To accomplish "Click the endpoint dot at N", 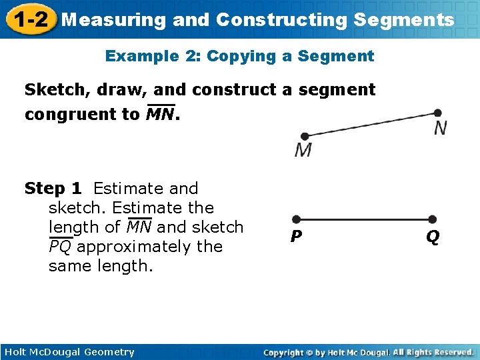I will coord(437,113).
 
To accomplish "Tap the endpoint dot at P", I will coord(297,219).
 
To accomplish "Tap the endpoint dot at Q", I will coord(432,219).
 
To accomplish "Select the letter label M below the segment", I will coord(303,150).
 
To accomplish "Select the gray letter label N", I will coord(441,128).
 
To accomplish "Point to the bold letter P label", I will coord(296,237).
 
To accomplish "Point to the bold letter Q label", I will coord(433,237).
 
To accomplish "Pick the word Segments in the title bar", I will coord(404,19).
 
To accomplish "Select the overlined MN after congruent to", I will coord(161,114).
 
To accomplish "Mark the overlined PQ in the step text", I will coord(61,247).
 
